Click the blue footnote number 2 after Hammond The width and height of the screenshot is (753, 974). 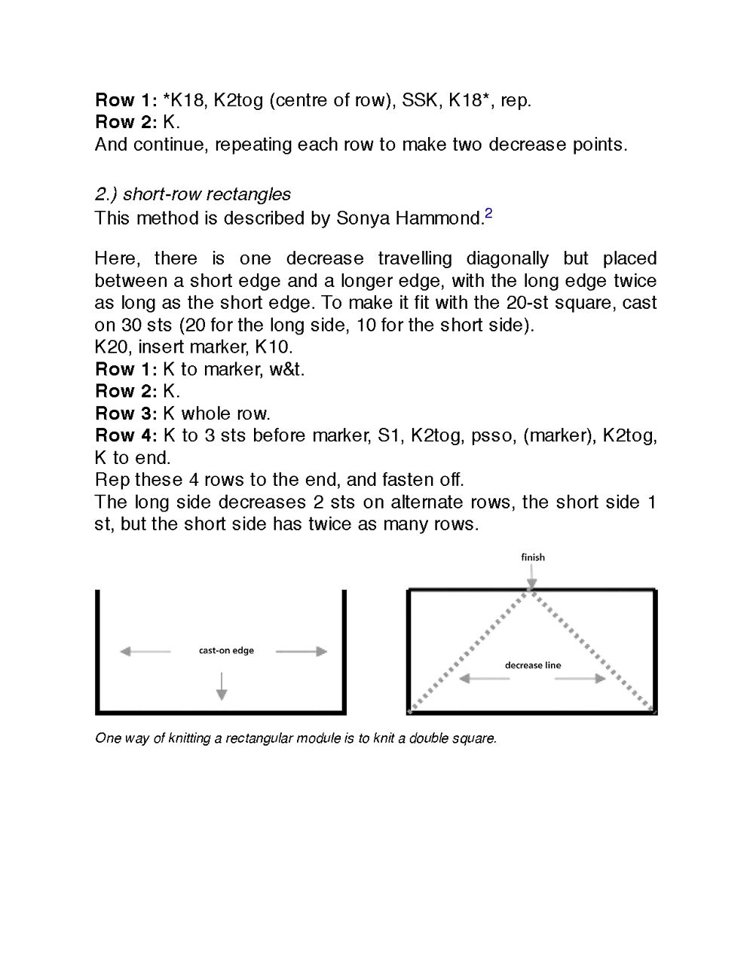488,214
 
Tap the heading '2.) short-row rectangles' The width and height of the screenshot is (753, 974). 192,194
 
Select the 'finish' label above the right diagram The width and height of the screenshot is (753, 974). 532,557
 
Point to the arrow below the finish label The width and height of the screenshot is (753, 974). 532,577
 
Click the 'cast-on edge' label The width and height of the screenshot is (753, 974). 226,651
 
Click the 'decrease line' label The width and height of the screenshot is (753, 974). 532,665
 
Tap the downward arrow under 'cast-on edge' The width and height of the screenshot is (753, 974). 222,685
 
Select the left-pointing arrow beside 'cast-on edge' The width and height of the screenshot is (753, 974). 145,652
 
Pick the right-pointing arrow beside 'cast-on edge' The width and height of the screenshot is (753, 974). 302,652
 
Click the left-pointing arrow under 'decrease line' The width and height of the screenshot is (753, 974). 484,679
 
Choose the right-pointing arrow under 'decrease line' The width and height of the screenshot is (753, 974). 580,679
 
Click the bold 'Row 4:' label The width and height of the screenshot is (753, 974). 126,435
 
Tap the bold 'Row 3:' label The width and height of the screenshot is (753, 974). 126,414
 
